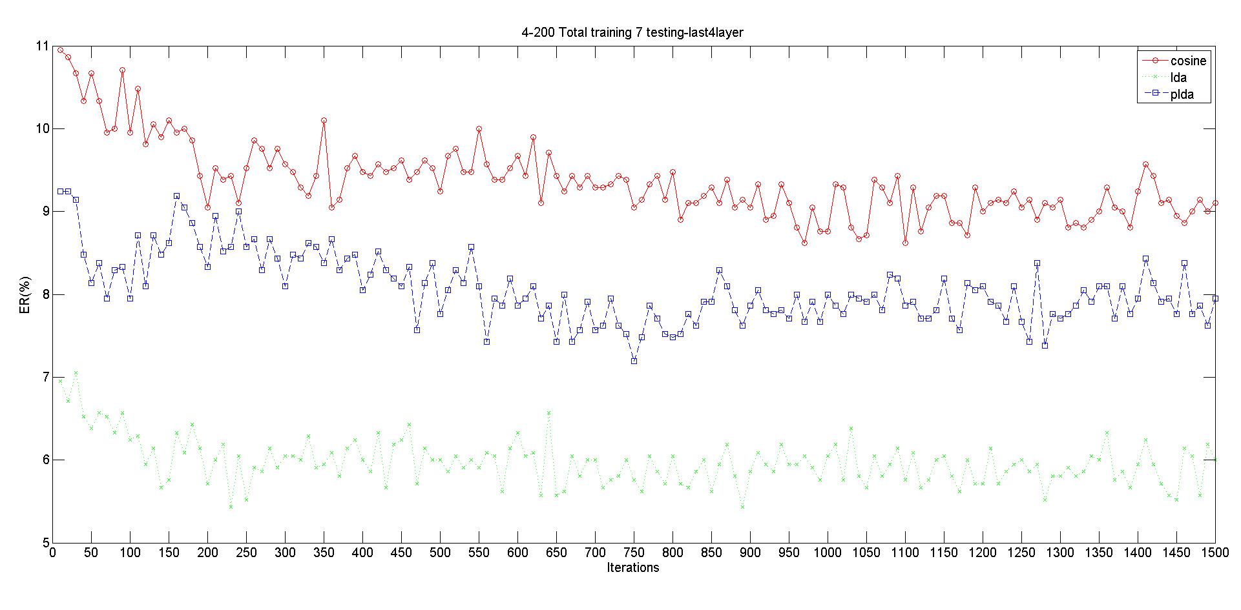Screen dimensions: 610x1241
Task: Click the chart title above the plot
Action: (x=632, y=32)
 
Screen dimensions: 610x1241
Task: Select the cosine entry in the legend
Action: (x=1188, y=61)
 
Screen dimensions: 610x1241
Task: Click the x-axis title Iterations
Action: (x=633, y=567)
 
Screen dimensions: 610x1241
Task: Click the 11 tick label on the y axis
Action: (x=42, y=46)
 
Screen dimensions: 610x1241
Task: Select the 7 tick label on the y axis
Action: (x=45, y=377)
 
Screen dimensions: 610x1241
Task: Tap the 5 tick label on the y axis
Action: (x=45, y=542)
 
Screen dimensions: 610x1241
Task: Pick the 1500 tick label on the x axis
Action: (x=1215, y=553)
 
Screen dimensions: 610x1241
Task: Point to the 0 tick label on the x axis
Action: (x=53, y=553)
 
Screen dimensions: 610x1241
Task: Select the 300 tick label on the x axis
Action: (x=285, y=553)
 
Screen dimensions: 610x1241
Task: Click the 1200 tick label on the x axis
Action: (x=982, y=553)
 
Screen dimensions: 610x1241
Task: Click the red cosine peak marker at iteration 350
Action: (x=324, y=120)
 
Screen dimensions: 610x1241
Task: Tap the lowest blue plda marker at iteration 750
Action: (x=634, y=361)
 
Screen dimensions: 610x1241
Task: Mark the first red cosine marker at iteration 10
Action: (x=60, y=50)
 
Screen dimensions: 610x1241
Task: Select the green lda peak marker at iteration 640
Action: (x=548, y=412)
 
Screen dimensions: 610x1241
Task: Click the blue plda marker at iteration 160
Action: (x=176, y=196)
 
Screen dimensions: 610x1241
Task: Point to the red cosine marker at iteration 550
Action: (x=479, y=128)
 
